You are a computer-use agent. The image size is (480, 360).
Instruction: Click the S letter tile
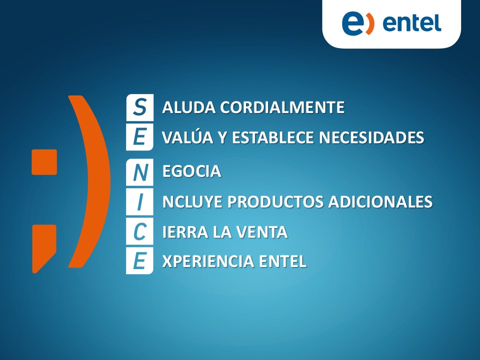coord(139,107)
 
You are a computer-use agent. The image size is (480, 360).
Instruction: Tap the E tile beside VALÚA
coord(139,137)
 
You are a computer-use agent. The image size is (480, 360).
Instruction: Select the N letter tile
coord(139,172)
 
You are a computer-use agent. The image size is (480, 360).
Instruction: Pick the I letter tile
coord(139,201)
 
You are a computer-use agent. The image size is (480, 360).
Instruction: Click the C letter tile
coord(139,231)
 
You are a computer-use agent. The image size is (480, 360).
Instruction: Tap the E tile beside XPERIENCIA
coord(139,261)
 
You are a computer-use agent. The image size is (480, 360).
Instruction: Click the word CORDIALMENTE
coord(282,107)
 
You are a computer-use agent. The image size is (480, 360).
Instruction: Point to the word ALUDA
coord(189,107)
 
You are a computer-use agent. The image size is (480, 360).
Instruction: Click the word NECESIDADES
coord(371,137)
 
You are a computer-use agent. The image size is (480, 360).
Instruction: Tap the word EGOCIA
coord(191,171)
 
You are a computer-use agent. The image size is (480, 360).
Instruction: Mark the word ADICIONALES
coord(380,201)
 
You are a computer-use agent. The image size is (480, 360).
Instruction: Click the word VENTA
coord(261,231)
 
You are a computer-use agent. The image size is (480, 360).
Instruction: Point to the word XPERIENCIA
coord(208,261)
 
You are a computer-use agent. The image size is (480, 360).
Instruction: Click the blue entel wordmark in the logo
coord(411,23)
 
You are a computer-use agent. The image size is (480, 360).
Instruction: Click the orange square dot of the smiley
coord(44,162)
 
